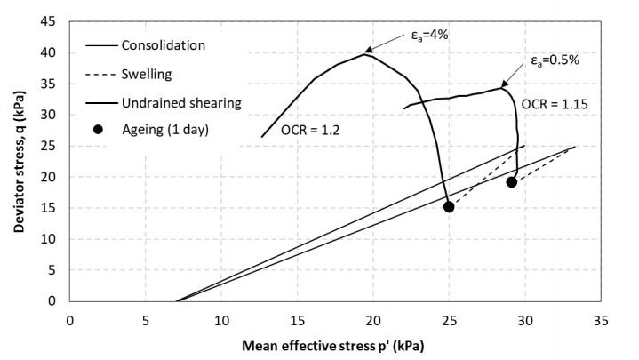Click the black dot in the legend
(99, 130)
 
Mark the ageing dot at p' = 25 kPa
(449, 207)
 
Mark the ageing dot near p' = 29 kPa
(512, 182)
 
